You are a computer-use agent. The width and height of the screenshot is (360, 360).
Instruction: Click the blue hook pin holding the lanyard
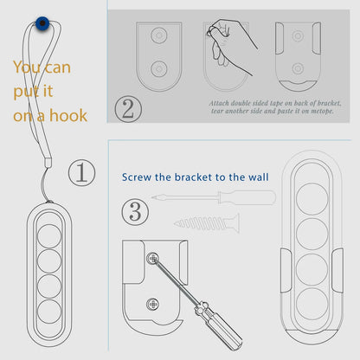(x=42, y=22)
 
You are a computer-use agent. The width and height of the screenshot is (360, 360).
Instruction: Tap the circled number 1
(x=81, y=172)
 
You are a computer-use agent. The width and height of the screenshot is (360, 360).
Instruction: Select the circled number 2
(x=128, y=109)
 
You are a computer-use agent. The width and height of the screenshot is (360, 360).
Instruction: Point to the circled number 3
(x=135, y=212)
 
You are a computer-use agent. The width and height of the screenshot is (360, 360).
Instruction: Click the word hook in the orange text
(x=68, y=115)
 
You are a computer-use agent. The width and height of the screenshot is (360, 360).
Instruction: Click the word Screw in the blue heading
(x=137, y=177)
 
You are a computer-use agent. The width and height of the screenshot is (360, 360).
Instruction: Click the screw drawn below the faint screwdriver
(x=207, y=223)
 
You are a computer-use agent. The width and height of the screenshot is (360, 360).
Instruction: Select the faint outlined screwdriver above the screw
(x=214, y=197)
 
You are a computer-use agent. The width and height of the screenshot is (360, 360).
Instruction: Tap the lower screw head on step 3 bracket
(x=152, y=304)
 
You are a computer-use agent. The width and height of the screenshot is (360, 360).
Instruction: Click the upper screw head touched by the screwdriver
(x=152, y=258)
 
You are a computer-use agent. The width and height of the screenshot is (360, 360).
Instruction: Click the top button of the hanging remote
(x=49, y=236)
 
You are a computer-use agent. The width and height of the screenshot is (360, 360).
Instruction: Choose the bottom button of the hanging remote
(x=49, y=312)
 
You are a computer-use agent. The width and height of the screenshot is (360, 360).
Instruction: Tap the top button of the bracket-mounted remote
(x=312, y=199)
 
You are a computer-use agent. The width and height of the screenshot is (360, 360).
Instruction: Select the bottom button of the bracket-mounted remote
(x=312, y=304)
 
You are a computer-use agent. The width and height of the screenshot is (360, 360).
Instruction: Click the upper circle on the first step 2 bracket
(x=159, y=35)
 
